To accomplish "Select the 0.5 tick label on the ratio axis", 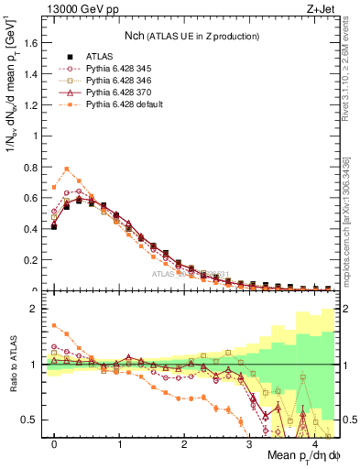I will [32, 420].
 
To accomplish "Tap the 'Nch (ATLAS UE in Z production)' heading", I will [191, 36].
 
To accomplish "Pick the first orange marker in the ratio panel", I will [54, 325].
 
